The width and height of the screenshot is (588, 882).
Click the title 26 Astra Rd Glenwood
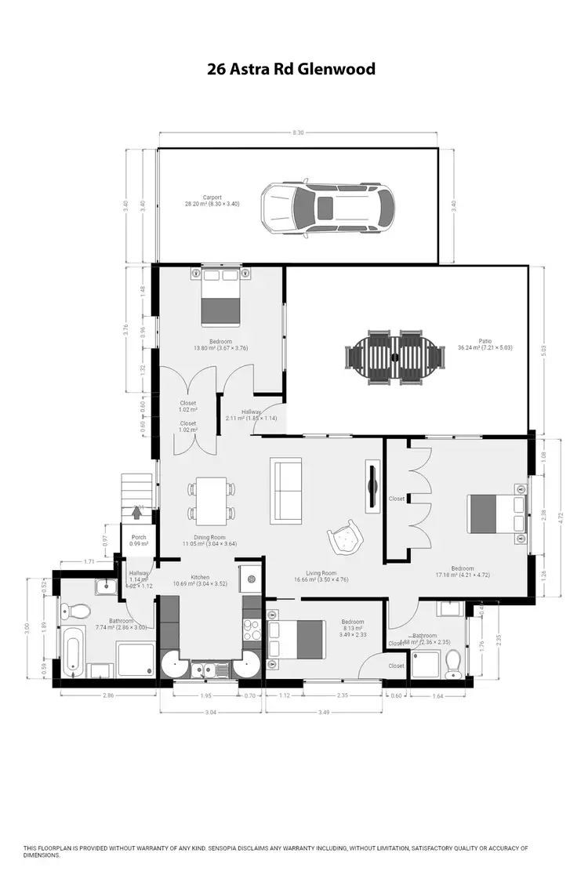[291, 69]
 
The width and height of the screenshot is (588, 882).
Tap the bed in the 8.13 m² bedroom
[296, 638]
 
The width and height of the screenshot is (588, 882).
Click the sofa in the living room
[285, 491]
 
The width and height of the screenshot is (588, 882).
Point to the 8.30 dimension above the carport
[298, 132]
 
